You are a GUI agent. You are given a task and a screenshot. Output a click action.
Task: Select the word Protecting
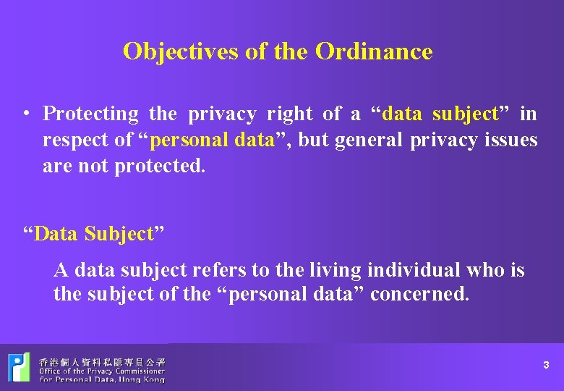90,114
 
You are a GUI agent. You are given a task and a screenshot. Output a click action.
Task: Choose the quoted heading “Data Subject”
95,234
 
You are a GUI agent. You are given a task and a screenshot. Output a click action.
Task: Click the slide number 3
547,366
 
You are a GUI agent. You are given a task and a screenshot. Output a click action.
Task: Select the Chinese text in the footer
102,361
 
